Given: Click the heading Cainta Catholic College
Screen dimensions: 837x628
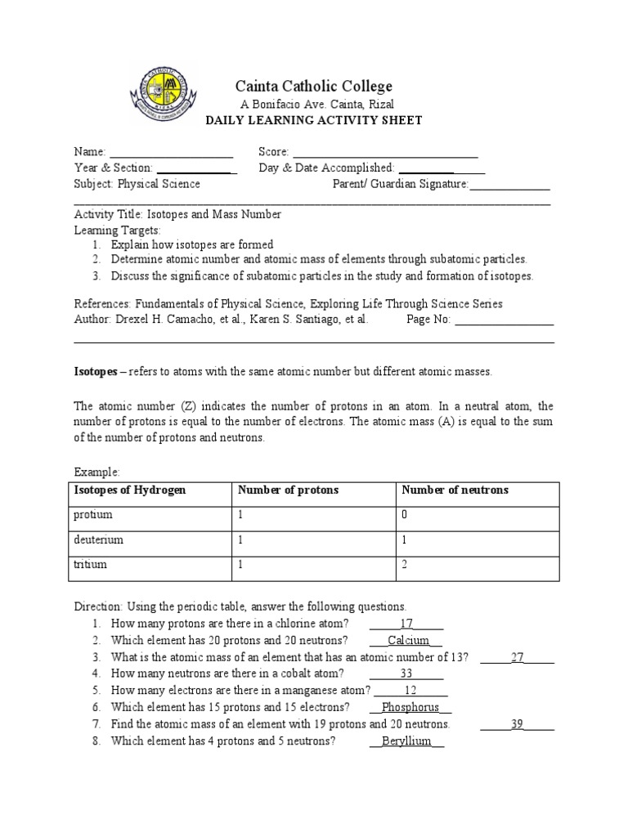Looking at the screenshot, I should click(x=314, y=86).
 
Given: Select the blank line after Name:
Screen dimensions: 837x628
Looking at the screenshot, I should click(x=171, y=153).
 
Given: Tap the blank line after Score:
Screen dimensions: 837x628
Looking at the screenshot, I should click(x=384, y=153).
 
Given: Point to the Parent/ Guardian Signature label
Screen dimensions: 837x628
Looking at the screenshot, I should click(x=400, y=184).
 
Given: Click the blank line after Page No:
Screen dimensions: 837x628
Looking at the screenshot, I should click(x=504, y=320).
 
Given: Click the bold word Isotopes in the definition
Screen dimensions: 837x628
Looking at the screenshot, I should click(x=96, y=372).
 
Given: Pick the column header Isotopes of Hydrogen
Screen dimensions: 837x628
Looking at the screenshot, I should click(x=130, y=490).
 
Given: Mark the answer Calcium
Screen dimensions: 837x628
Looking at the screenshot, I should click(x=408, y=641).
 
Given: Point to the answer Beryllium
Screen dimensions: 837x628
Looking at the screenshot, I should click(x=406, y=741).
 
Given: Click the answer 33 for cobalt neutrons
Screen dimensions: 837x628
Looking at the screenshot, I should click(x=406, y=674).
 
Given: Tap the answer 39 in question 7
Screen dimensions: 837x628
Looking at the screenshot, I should click(x=517, y=724).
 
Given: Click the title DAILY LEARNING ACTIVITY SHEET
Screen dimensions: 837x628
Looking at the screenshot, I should click(x=314, y=121).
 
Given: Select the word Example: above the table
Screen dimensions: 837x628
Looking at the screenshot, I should click(x=96, y=472).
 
